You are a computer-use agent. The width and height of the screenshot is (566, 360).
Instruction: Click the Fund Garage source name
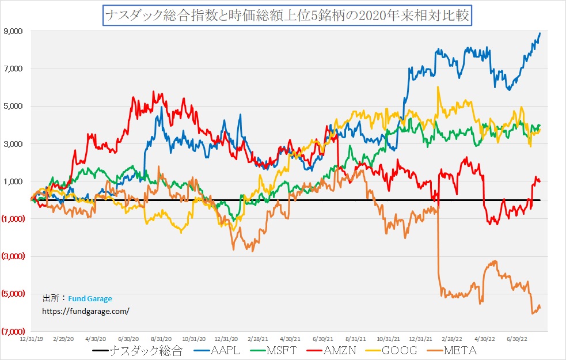[x=90, y=298]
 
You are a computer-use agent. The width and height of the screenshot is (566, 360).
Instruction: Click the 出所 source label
[x=51, y=298]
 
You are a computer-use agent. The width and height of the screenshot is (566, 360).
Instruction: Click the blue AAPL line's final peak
[x=540, y=33]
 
